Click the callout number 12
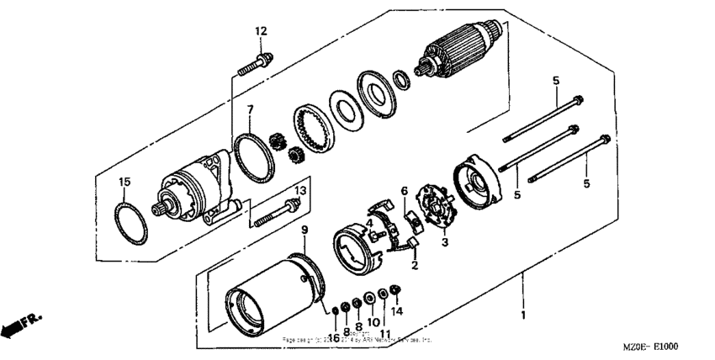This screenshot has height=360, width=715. [x=261, y=31]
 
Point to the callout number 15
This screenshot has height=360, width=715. [x=124, y=182]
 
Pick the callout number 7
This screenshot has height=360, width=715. [x=250, y=110]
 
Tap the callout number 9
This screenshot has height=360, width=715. [x=305, y=229]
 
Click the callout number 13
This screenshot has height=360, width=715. [x=299, y=192]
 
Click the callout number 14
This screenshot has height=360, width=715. [x=398, y=311]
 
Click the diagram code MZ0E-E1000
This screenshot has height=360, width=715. [x=651, y=347]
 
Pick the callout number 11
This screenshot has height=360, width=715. [x=385, y=334]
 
